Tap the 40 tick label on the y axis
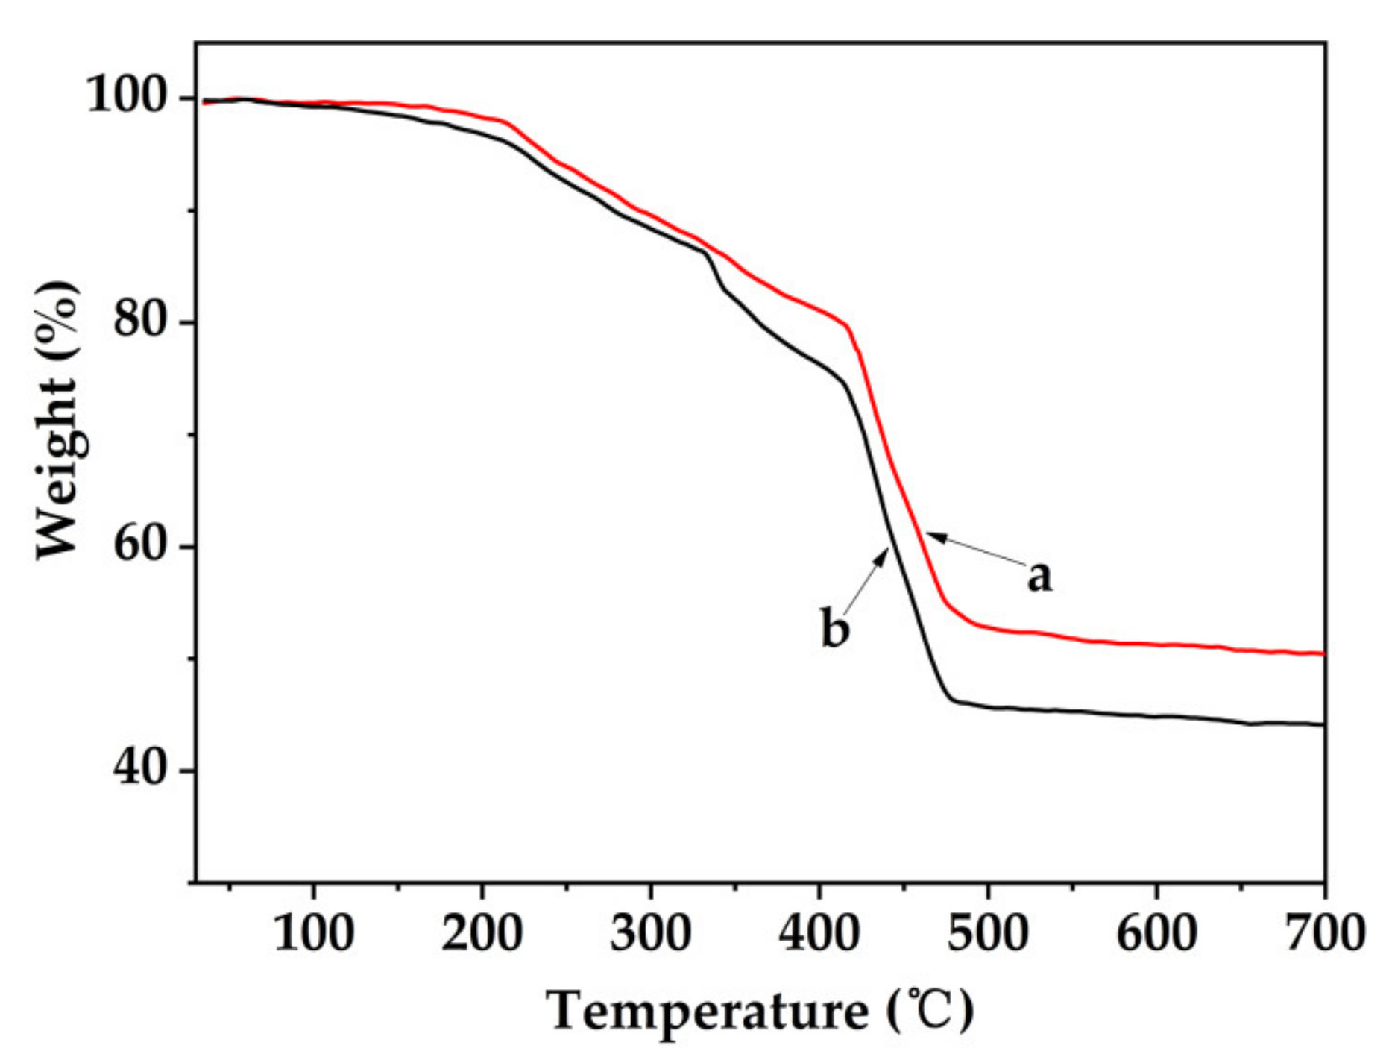click(139, 768)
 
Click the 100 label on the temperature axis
click(314, 933)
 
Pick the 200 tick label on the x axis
click(482, 933)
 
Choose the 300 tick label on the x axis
click(651, 933)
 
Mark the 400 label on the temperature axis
click(819, 933)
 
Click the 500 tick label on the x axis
click(988, 933)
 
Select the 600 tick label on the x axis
click(1156, 933)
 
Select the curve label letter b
click(834, 628)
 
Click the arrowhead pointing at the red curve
click(932, 536)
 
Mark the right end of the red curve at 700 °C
click(1323, 654)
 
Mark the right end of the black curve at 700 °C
click(1323, 724)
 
